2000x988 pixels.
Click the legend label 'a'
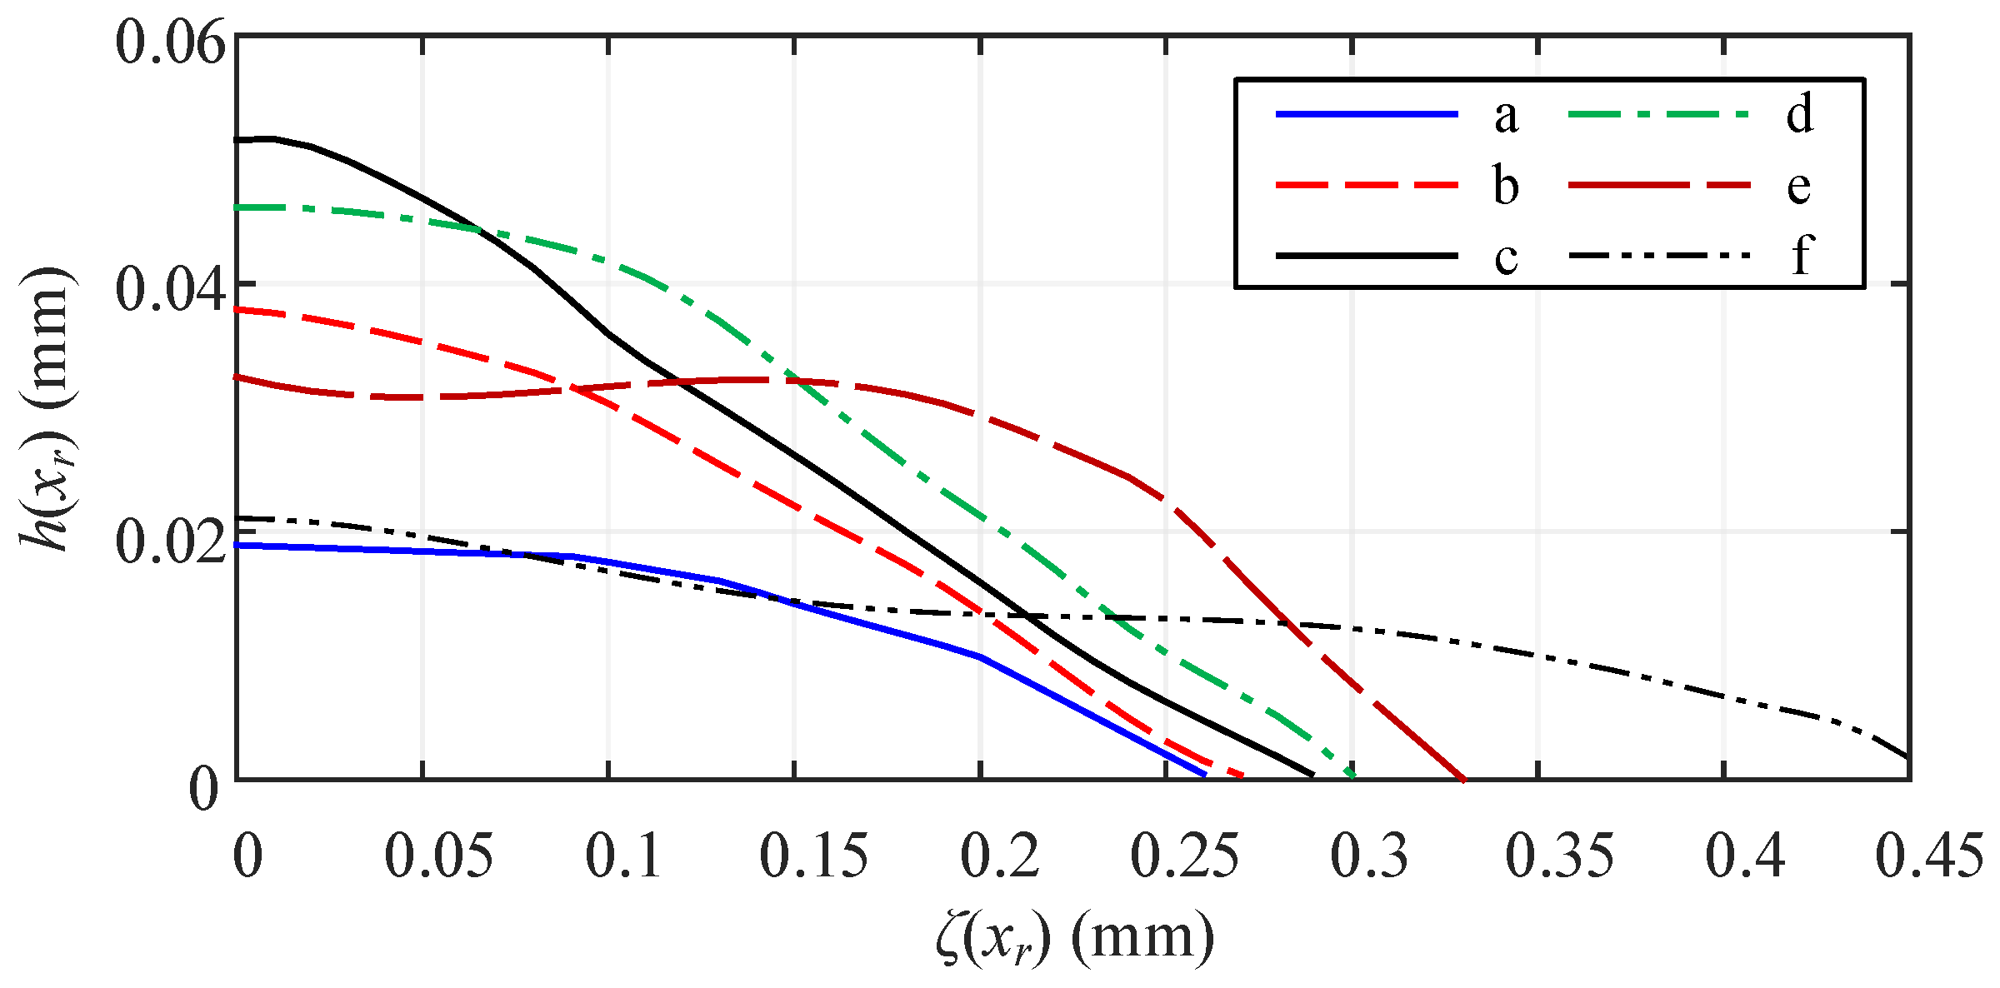pos(1506,116)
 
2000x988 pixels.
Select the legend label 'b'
pos(1506,185)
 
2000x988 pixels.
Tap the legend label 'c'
pos(1506,257)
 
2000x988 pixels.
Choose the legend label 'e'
pos(1799,187)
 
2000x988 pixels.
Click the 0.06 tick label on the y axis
pos(170,43)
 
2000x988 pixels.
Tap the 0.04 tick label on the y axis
pos(170,290)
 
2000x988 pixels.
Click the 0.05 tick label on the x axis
pos(438,856)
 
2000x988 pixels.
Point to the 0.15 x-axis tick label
pos(813,856)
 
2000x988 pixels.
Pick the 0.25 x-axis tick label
pos(1184,856)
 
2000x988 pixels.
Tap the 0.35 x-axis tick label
pos(1558,856)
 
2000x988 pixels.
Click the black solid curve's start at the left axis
pos(238,140)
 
